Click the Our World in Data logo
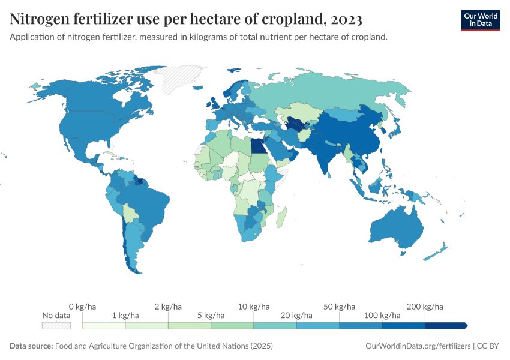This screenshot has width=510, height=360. coord(480,20)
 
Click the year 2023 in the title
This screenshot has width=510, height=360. coord(346,20)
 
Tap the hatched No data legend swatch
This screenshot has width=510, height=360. coord(56,325)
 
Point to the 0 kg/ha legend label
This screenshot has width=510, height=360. coord(83,307)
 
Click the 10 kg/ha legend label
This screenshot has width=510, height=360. coord(254,307)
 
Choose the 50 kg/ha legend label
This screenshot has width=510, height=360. coord(339,307)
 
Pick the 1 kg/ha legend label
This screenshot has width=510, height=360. coord(125,315)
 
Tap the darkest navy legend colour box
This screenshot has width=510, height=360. coord(445,325)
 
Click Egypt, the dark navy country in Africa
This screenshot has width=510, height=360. coord(257,146)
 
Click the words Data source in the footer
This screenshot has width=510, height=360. coord(31,346)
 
